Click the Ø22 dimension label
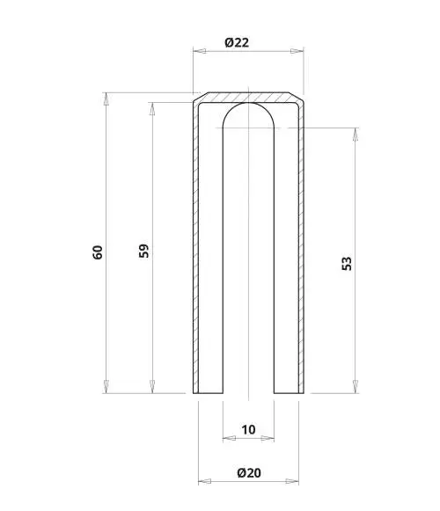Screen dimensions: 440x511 point(237,42)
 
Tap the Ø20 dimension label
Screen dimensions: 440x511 point(249,472)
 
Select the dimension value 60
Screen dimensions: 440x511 point(98,252)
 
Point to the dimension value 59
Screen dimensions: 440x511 point(143,251)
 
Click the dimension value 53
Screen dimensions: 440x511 point(347,263)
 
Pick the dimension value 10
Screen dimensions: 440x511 point(248,429)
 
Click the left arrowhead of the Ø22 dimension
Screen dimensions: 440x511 point(200,51)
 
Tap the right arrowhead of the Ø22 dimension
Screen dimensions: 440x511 point(297,51)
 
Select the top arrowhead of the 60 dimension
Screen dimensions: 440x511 point(106,99)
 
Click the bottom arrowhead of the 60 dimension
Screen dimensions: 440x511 point(106,386)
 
